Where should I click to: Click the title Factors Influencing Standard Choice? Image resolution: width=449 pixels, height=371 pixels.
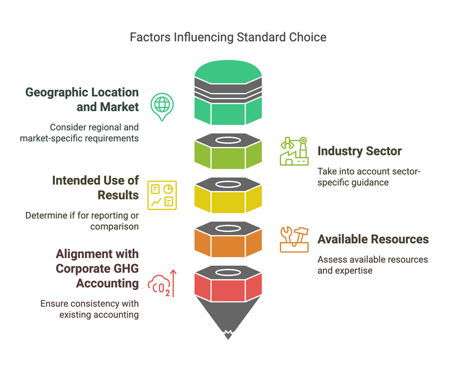click(228, 37)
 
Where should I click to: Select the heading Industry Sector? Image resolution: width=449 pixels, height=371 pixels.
click(359, 151)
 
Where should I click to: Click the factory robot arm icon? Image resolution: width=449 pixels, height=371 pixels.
click(294, 151)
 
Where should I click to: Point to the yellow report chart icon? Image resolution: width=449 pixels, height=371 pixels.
click(162, 194)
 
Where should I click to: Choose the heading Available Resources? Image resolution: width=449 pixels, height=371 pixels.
click(373, 239)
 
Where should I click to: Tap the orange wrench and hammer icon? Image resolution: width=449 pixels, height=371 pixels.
click(294, 239)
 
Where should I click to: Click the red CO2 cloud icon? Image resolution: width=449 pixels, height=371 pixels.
click(162, 284)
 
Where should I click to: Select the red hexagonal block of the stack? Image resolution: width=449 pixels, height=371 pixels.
click(228, 289)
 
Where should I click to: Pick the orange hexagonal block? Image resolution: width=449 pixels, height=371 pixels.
click(228, 244)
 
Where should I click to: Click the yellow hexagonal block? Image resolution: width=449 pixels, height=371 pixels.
click(228, 200)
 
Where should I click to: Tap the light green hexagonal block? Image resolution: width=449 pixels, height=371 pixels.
click(228, 157)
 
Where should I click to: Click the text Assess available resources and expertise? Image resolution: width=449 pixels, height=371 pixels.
click(373, 265)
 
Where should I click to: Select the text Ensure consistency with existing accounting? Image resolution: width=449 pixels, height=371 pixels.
click(90, 309)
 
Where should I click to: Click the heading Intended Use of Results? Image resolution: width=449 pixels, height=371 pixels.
click(95, 188)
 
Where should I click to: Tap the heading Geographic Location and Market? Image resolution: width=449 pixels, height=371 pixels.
click(82, 100)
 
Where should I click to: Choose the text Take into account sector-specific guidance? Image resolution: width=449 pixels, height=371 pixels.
click(369, 177)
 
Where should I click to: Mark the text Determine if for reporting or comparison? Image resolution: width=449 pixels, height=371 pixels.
click(82, 221)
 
